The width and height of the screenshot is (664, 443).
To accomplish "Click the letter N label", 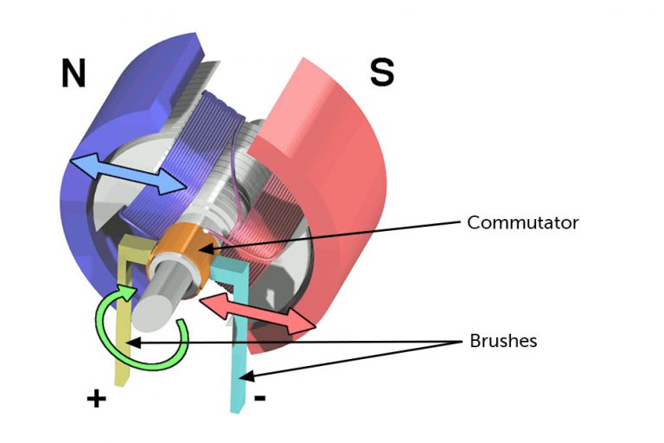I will click(73, 74).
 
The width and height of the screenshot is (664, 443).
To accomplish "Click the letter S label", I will click(381, 73).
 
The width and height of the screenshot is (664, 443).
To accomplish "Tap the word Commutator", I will click(522, 222).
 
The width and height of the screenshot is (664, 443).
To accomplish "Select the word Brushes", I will click(503, 341).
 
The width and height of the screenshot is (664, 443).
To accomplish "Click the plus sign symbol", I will click(96, 399).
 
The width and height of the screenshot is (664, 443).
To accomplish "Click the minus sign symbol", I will click(261, 399).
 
